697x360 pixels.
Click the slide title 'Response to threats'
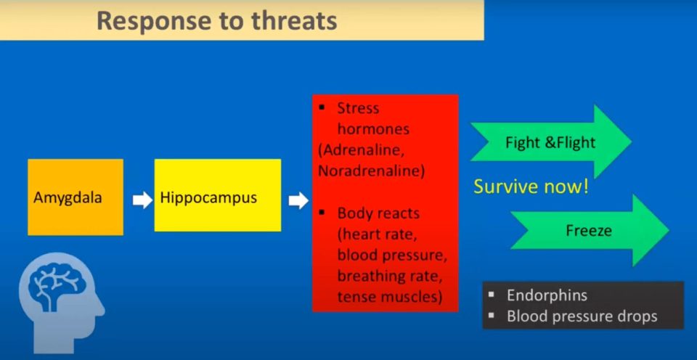coord(217,20)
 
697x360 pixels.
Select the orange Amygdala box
coord(76,197)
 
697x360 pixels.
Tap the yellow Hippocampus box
coord(218,195)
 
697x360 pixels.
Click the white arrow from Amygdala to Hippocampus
coord(143,200)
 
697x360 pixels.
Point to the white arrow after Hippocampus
coord(298,200)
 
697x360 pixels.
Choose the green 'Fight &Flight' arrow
coord(551,142)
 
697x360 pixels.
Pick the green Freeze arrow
coord(590,230)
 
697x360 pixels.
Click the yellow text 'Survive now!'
coord(531,187)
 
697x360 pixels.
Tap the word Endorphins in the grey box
coord(547,295)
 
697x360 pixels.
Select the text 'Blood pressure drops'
coord(582,316)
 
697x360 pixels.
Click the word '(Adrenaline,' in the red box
coord(362,150)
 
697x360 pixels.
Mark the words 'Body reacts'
coord(378,213)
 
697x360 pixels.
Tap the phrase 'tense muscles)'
coord(390,296)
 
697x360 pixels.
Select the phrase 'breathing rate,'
coord(390,276)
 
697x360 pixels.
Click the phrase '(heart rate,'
coord(378,234)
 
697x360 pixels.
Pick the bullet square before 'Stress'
coord(322,108)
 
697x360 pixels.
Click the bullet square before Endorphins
coord(492,295)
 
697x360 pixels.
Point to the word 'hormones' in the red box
coord(373,129)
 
